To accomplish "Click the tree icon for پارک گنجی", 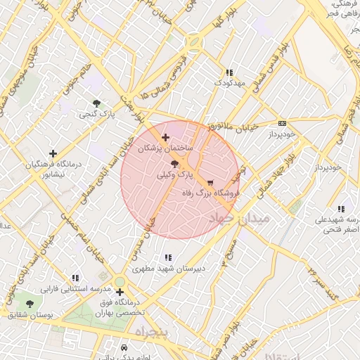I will [x=96, y=103].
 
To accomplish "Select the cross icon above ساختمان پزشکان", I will [x=165, y=137].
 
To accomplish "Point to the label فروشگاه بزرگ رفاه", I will [x=212, y=192].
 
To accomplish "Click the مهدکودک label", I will [x=229, y=84].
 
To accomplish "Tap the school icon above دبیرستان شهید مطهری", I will [x=167, y=257].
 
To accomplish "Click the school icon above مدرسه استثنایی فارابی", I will [x=75, y=278].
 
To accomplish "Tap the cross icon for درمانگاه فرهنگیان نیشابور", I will [x=53, y=153].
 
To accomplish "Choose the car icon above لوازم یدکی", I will [x=124, y=348].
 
